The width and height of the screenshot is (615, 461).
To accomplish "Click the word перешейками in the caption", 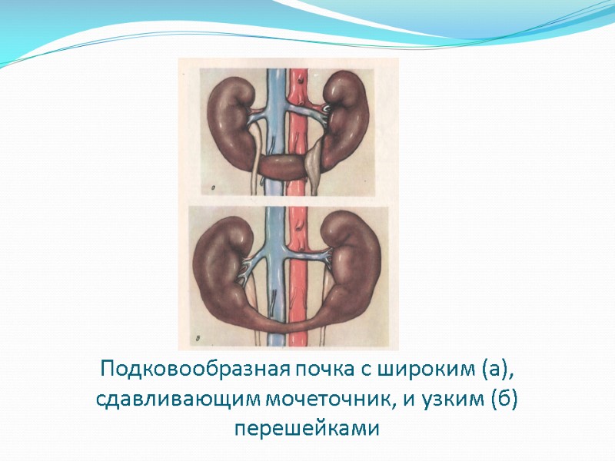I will click(307, 428).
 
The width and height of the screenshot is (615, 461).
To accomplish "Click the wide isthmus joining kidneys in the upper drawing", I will click(281, 167).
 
